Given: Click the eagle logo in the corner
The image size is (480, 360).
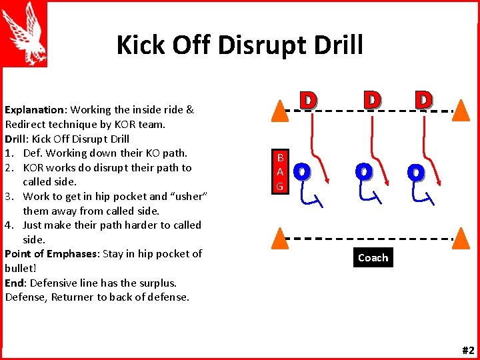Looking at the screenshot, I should [x=24, y=33].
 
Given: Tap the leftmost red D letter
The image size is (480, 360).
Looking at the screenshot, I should [x=307, y=101].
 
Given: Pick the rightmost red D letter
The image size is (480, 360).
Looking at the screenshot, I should [x=423, y=100].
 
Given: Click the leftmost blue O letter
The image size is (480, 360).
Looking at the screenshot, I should [x=301, y=172].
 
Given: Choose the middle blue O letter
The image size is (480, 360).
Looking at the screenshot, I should [x=363, y=172].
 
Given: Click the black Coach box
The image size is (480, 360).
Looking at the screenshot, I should [x=373, y=257].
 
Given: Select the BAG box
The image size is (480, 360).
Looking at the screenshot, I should [x=280, y=172].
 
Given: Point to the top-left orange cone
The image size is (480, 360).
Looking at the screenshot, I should [x=280, y=109].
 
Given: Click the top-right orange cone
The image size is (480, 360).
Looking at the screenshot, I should [x=461, y=109].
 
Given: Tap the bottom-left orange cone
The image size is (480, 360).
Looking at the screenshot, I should [x=280, y=238].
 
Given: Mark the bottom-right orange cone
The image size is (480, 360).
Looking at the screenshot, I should [x=461, y=238].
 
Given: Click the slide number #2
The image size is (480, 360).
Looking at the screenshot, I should [x=467, y=351].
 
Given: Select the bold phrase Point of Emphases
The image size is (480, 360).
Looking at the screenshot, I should [x=51, y=253].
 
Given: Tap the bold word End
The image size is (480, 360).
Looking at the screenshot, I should [x=14, y=282].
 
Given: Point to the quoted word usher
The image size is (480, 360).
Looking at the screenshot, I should [x=189, y=196].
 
